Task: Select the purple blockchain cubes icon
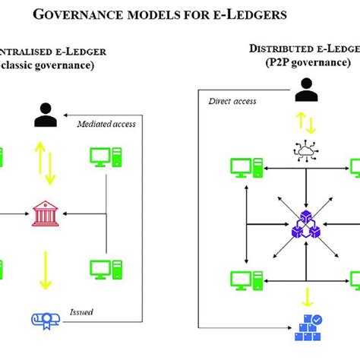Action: (x=304, y=226)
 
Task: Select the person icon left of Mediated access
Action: (x=45, y=114)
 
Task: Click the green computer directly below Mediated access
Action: (x=106, y=157)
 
